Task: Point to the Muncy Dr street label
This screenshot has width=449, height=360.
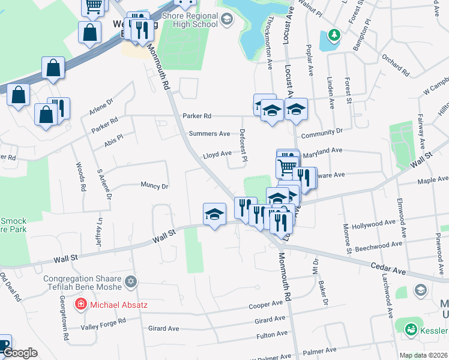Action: pyautogui.click(x=154, y=185)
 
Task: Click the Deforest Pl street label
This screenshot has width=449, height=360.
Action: pyautogui.click(x=243, y=145)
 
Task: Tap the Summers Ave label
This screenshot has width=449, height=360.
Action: pyautogui.click(x=209, y=133)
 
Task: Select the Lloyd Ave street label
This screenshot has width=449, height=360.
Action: pyautogui.click(x=217, y=154)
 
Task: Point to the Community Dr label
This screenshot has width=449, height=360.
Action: pyautogui.click(x=322, y=130)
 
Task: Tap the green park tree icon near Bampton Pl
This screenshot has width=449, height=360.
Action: pyautogui.click(x=335, y=35)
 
